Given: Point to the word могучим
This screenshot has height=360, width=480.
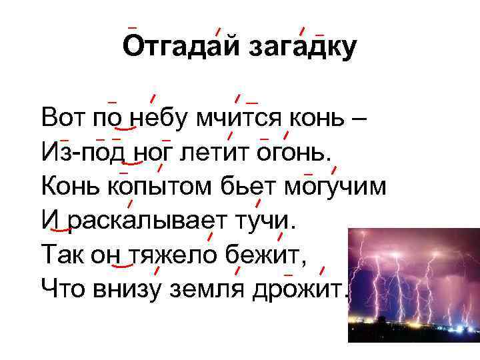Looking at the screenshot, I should [334, 187].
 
